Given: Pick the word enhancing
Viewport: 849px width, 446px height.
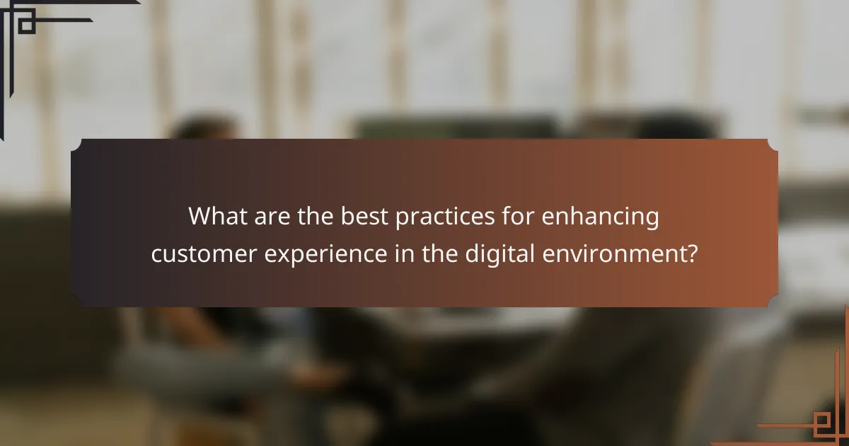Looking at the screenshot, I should point(601,217).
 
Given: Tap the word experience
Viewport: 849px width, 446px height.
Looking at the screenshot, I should point(328,254).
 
